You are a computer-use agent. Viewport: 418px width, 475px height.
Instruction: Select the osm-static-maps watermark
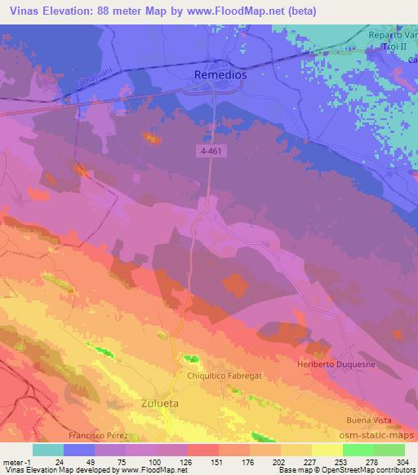coord(370,436)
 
